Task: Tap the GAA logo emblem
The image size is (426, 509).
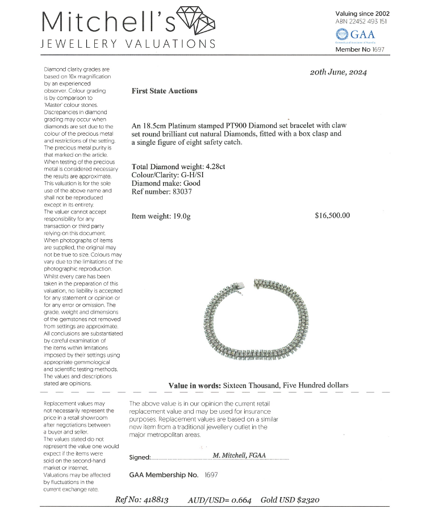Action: click(341, 34)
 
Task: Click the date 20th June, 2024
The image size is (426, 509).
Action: click(338, 72)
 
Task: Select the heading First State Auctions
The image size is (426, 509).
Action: click(164, 91)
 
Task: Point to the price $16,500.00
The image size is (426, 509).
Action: click(332, 215)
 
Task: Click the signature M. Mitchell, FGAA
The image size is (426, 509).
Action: click(239, 455)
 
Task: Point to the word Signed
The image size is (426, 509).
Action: click(140, 457)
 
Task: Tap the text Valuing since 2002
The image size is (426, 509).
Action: click(362, 14)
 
